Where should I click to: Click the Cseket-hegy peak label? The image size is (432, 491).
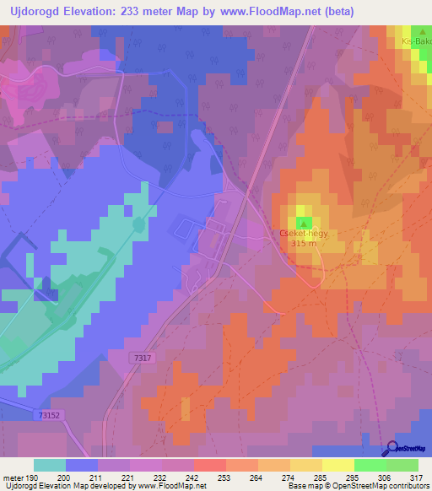tap(302, 233)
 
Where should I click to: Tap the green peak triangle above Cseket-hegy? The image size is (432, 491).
tap(303, 223)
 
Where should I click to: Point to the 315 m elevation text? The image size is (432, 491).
tap(303, 244)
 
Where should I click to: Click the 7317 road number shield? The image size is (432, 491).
tap(142, 359)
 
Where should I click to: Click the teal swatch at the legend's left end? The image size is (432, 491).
tap(51, 465)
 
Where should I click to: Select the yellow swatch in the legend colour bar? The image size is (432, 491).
tap(338, 465)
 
